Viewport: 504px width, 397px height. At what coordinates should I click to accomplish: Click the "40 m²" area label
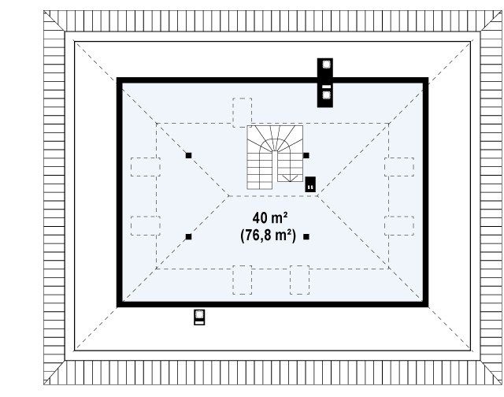click(269, 218)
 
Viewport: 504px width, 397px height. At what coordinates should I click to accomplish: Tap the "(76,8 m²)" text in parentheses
click(268, 236)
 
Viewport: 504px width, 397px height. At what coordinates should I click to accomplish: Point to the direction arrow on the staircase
click(290, 178)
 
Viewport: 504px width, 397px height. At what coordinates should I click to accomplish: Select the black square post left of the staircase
click(189, 156)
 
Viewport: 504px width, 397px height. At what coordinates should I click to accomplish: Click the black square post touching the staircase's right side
click(306, 156)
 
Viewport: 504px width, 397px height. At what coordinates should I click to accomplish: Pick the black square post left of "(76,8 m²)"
click(189, 237)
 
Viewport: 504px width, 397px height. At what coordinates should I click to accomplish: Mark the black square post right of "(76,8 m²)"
click(306, 237)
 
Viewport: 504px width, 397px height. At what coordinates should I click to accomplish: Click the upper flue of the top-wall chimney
click(326, 65)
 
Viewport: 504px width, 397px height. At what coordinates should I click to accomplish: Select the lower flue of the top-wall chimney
click(326, 95)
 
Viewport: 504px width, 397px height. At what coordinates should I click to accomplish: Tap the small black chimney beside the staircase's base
click(310, 184)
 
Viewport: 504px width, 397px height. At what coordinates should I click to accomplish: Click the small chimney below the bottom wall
click(199, 317)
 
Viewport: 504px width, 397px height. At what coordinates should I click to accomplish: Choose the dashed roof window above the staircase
click(243, 113)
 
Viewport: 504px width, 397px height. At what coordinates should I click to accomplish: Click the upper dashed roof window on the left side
click(146, 167)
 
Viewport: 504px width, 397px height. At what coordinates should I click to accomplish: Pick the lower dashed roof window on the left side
click(146, 225)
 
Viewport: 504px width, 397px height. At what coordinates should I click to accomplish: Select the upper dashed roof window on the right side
click(399, 167)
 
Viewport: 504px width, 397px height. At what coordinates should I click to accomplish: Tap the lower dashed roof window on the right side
click(399, 225)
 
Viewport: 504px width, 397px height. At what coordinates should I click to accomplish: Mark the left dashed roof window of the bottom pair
click(243, 280)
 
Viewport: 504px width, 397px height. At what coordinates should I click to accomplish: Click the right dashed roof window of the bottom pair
click(299, 280)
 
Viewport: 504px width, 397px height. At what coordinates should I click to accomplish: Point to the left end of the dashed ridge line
click(228, 196)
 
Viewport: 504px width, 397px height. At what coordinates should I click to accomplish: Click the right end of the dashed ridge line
click(317, 196)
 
